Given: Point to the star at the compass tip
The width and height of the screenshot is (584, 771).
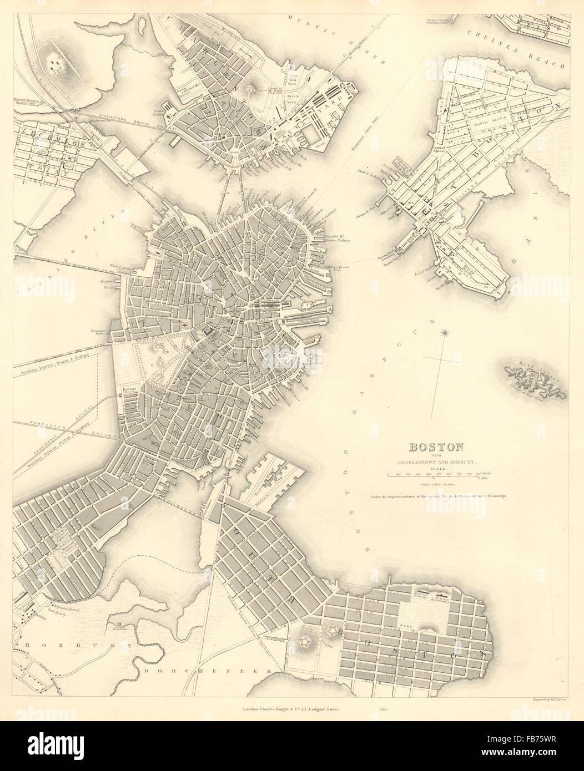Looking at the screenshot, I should [444, 333].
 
